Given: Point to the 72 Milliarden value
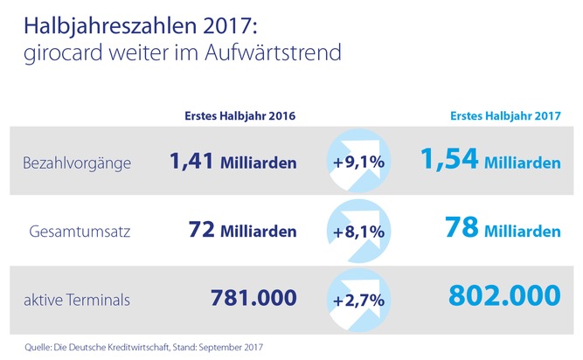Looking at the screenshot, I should point(241,231).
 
